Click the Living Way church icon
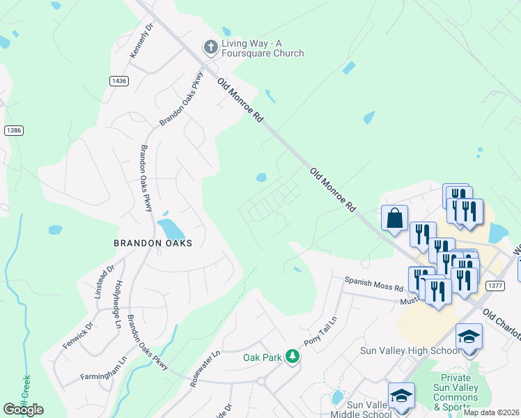(210, 47)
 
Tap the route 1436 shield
(119, 82)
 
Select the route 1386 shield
(13, 130)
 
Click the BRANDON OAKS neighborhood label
(153, 243)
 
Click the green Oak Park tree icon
(293, 357)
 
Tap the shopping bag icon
(394, 217)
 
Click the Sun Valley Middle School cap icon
(401, 395)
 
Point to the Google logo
(23, 410)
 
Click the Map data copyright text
(491, 412)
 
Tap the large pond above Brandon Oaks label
(169, 228)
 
